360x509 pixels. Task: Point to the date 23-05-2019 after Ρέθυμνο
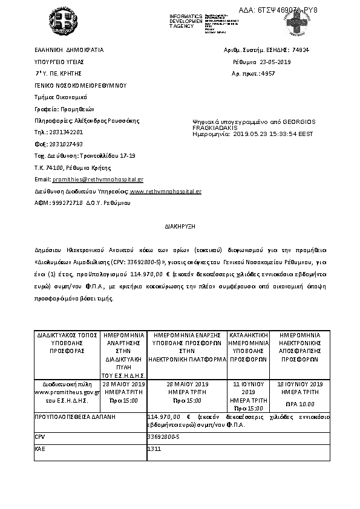tap(275, 62)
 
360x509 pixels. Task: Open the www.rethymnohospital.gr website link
tap(166, 191)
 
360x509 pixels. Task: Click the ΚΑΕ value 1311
tap(154, 449)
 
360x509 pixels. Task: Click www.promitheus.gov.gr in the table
tap(67, 392)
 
